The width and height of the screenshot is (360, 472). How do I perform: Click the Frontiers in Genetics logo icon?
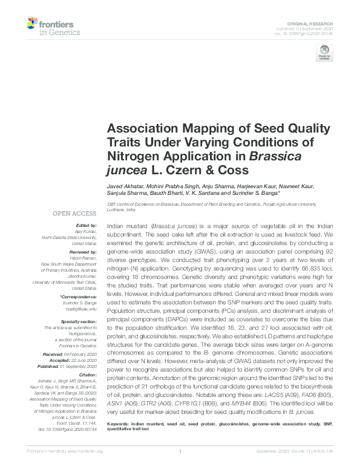33,25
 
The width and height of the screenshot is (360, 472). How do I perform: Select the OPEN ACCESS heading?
74,214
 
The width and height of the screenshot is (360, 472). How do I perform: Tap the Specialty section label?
80,321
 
